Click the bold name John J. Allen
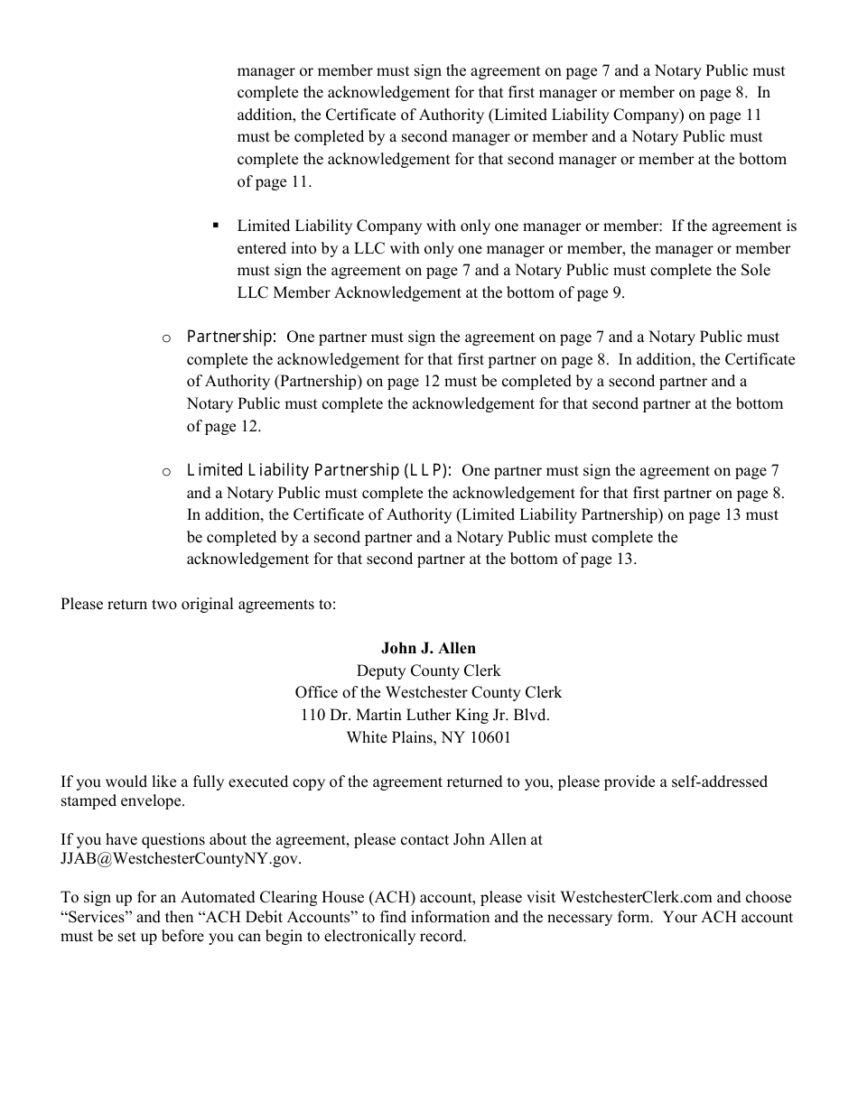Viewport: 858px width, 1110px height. [x=428, y=648]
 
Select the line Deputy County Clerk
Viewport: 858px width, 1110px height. [x=428, y=671]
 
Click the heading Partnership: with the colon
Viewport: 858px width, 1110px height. [x=231, y=337]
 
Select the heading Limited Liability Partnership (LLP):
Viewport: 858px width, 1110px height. [x=319, y=470]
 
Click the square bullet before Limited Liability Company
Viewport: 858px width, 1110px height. [x=215, y=226]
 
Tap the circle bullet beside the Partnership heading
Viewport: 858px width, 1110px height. [x=166, y=338]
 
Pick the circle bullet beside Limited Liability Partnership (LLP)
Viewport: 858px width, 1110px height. [x=166, y=471]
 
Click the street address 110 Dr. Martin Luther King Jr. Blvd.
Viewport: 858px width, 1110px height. [x=424, y=715]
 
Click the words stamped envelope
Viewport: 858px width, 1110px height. [x=122, y=800]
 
